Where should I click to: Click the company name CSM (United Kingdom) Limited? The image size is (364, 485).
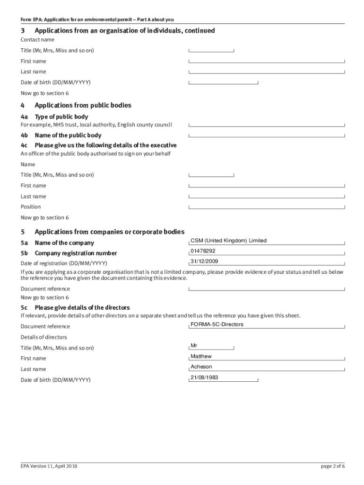228,241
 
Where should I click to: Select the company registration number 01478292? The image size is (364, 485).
203,251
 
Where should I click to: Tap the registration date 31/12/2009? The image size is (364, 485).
204,261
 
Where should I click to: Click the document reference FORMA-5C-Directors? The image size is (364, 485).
217,324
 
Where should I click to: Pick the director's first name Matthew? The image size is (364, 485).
201,356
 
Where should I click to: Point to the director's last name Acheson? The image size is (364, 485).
201,367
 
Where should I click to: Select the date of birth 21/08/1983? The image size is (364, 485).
204,377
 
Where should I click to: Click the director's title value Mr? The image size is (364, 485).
194,346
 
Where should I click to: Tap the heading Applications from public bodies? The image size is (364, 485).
83,105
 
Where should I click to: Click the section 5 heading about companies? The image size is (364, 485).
109,232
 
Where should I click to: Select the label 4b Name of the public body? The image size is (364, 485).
61,135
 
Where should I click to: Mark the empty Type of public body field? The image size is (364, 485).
267,125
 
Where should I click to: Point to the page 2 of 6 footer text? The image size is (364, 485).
333,466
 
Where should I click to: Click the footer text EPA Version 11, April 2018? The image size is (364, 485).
49,466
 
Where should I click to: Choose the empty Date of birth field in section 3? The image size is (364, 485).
223,82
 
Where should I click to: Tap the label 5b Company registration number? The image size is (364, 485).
69,253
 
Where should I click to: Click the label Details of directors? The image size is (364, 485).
44,337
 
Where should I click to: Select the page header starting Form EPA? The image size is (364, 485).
97,19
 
